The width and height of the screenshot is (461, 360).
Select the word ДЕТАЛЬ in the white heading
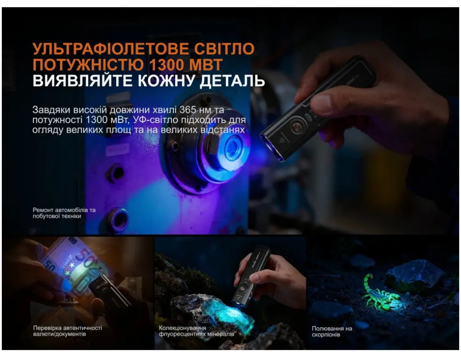232,81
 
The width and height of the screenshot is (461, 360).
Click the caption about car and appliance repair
64,213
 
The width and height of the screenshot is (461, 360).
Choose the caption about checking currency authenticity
68,331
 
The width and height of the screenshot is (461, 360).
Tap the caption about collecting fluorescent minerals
196,331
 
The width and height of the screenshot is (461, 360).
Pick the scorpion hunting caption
332,332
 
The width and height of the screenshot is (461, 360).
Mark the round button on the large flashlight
297,127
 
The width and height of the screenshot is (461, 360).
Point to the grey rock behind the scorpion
415,273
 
